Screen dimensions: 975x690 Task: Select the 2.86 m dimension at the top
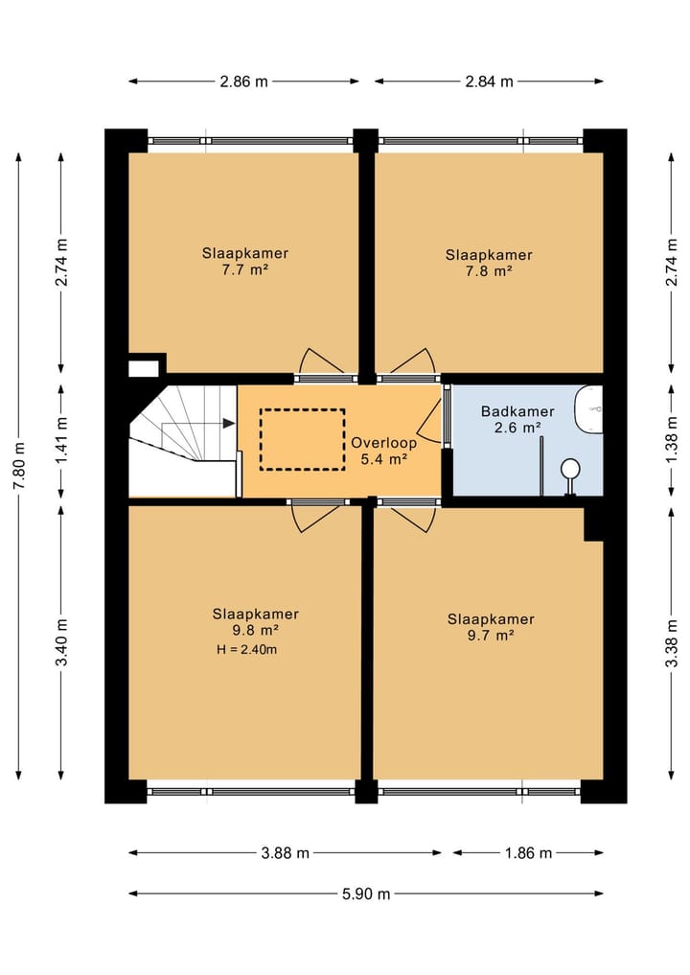[243, 81]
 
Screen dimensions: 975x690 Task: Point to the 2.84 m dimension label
[489, 81]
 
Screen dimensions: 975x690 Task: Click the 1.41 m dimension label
[61, 441]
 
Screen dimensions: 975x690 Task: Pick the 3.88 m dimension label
[285, 852]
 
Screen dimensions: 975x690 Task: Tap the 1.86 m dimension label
[528, 852]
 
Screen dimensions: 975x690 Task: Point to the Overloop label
[382, 443]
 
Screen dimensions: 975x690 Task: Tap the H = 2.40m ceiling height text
[246, 650]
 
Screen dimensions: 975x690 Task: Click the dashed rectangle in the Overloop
[302, 439]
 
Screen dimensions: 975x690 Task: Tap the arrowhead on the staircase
[229, 423]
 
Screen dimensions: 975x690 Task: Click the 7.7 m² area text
[245, 270]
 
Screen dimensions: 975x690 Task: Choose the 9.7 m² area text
[491, 635]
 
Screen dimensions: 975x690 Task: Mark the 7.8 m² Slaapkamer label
[489, 262]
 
